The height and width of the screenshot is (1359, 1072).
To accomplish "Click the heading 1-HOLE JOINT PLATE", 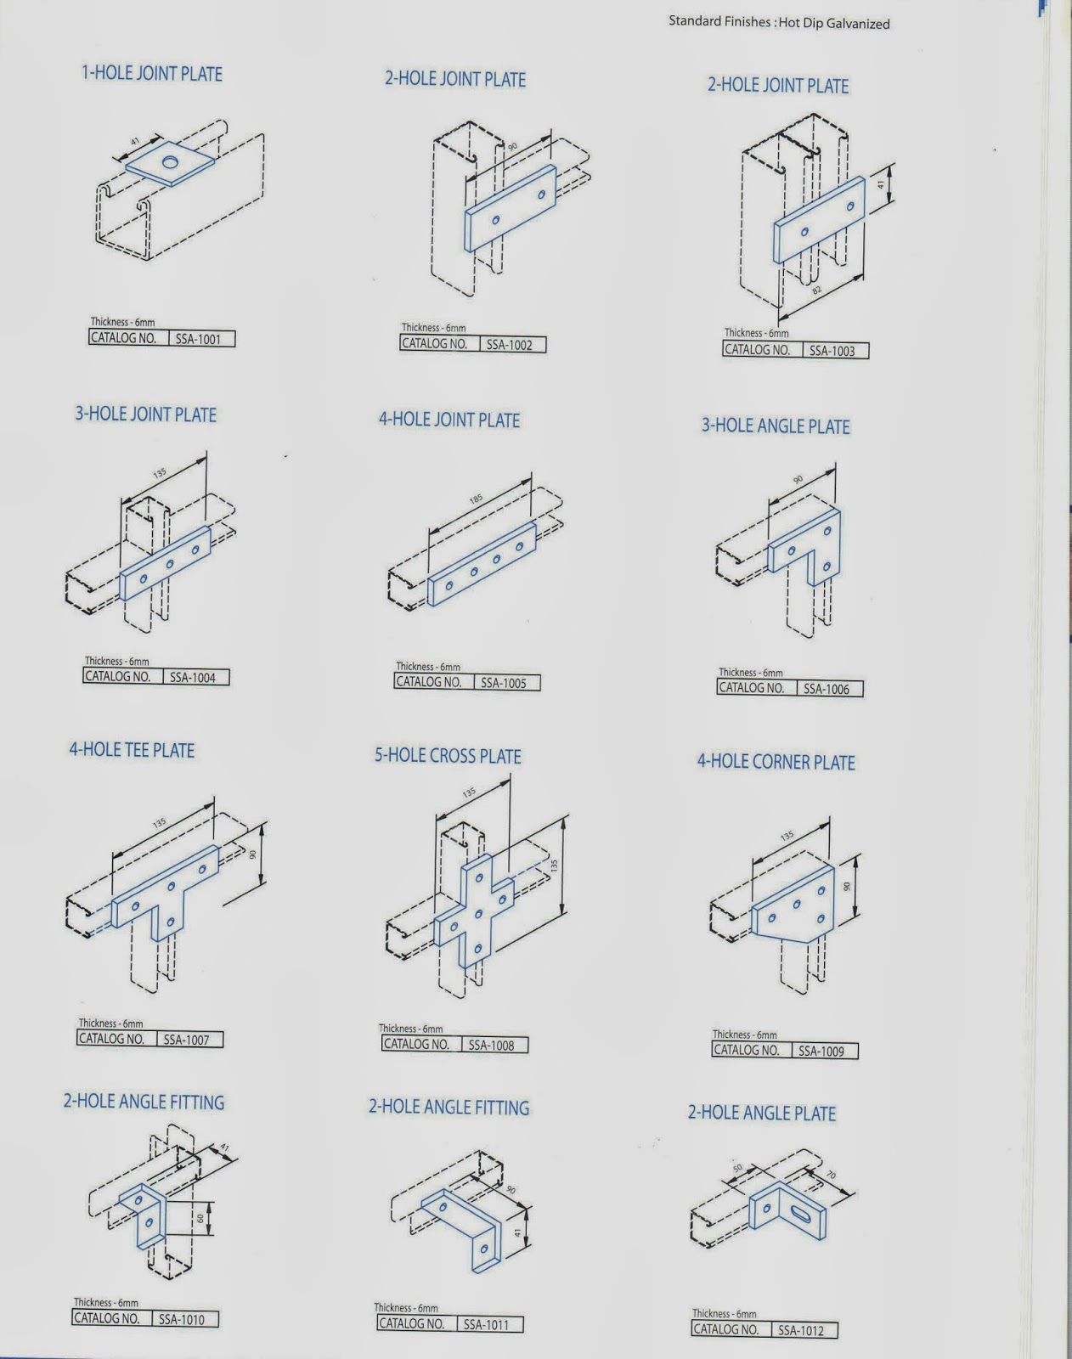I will click(152, 74).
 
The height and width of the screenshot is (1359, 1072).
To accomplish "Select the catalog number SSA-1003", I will click(832, 351).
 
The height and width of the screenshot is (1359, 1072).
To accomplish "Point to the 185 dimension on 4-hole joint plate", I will click(476, 499).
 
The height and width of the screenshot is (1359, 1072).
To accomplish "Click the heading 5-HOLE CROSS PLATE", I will click(448, 756).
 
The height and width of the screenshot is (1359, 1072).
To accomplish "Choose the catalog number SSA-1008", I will click(491, 1046).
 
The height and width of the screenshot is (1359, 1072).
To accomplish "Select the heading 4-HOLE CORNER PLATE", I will click(776, 762).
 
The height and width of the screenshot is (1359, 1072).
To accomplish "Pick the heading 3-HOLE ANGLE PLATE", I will click(775, 426).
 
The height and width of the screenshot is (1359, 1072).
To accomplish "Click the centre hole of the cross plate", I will click(479, 914).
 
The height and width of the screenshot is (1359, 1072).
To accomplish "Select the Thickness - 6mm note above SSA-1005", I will click(428, 668).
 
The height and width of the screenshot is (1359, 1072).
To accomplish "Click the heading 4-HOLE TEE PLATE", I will click(132, 751).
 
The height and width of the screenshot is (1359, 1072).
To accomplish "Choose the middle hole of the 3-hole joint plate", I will click(170, 564).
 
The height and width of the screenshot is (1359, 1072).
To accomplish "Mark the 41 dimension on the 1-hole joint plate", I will click(134, 143).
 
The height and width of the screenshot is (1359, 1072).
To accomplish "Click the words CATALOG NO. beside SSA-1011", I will click(411, 1323).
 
